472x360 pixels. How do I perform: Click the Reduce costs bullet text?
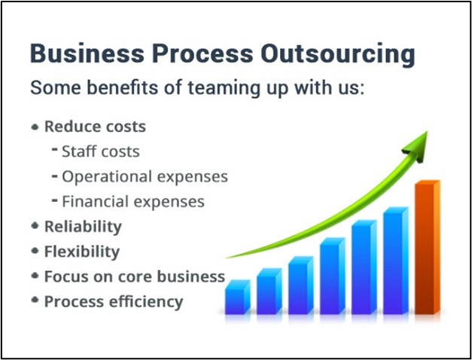pyautogui.click(x=95, y=127)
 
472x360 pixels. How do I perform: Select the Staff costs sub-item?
pyautogui.click(x=101, y=151)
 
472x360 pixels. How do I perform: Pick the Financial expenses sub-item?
pyautogui.click(x=133, y=202)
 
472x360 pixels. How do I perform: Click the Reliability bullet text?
pyautogui.click(x=83, y=227)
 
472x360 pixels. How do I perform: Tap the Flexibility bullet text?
pyautogui.click(x=82, y=252)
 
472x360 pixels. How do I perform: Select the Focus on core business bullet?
pyautogui.click(x=135, y=276)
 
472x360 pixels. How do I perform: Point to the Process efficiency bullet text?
pyautogui.click(x=114, y=302)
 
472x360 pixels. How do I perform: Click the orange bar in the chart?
pyautogui.click(x=427, y=248)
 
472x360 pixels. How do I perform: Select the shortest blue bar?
pyautogui.click(x=238, y=297)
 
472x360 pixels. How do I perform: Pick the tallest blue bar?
pyautogui.click(x=396, y=261)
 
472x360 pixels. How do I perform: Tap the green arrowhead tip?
pyautogui.click(x=427, y=132)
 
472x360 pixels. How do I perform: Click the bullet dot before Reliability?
pyautogui.click(x=35, y=226)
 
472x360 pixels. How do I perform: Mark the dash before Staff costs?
pyautogui.click(x=55, y=149)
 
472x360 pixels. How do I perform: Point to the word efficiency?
pyautogui.click(x=146, y=302)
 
